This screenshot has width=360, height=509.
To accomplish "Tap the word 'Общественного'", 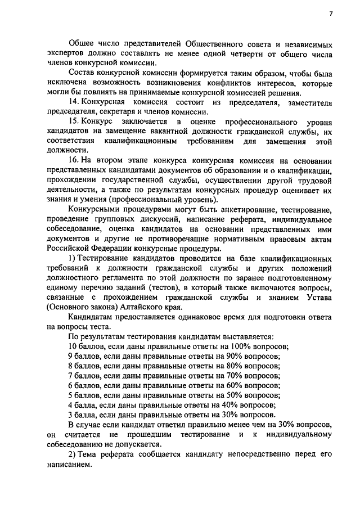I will point(195,43).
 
